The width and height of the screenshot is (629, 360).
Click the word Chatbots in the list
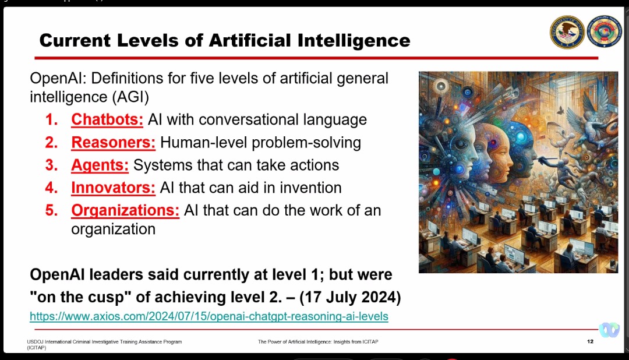click(107, 119)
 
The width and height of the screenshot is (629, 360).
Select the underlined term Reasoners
click(113, 143)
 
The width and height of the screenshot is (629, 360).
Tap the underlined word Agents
click(100, 165)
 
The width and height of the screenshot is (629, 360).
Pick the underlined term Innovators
click(113, 188)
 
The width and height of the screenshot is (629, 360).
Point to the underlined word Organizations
click(125, 211)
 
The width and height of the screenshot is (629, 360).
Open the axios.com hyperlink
click(209, 316)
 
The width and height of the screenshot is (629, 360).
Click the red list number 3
click(51, 165)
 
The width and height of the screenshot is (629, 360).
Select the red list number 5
click(51, 210)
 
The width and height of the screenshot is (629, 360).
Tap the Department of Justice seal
click(567, 32)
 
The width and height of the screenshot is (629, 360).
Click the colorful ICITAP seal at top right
click(604, 32)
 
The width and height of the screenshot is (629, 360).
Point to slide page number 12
click(590, 341)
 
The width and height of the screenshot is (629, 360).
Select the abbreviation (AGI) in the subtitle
click(130, 97)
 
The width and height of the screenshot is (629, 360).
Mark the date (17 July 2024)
click(350, 298)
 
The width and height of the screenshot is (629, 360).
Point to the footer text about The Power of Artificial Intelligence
click(318, 342)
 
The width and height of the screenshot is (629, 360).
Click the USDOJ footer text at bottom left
click(104, 345)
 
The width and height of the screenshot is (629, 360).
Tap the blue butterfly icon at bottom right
click(609, 330)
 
